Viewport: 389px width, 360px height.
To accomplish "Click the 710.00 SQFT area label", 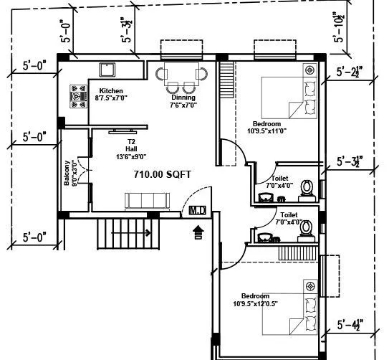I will (163, 174).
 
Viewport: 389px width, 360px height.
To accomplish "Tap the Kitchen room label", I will (111, 91).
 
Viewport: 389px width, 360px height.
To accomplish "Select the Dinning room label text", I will (183, 98).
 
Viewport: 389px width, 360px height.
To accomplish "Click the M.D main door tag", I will (197, 210).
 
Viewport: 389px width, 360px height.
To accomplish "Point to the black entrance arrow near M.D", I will (198, 230).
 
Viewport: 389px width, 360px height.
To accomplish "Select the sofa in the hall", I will (148, 200).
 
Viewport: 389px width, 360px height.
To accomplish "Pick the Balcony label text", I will (67, 172).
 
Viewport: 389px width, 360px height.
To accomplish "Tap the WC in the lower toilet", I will (307, 228).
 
